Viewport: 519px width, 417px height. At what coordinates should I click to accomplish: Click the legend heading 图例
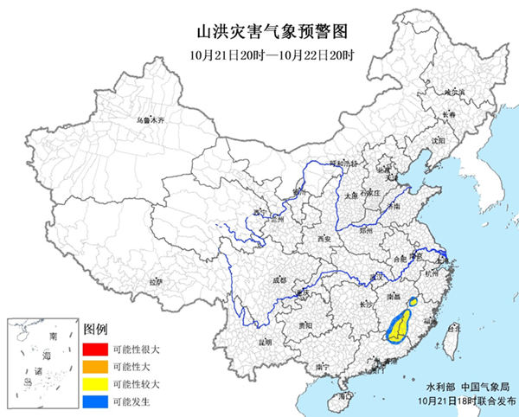95,330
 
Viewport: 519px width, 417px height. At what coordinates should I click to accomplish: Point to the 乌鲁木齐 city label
148,121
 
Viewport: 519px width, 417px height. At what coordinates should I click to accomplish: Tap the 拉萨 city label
155,282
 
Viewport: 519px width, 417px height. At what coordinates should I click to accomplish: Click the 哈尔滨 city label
455,91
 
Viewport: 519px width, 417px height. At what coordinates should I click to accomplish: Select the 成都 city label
279,280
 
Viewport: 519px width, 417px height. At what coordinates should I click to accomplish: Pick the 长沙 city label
365,303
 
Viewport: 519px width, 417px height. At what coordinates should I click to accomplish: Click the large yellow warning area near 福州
399,326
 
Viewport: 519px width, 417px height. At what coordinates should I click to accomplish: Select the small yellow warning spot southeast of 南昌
413,301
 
